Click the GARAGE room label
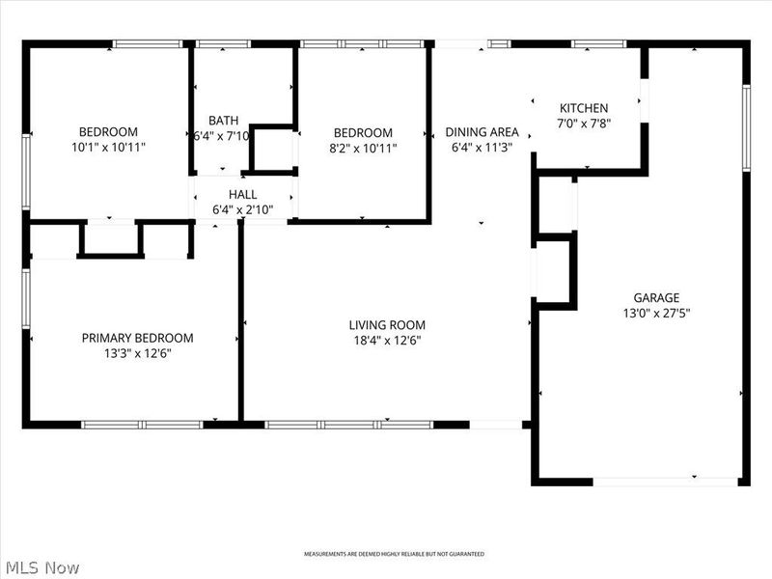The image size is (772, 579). click(656, 298)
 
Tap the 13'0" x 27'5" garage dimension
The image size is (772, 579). click(656, 313)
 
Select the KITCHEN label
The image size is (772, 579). click(584, 108)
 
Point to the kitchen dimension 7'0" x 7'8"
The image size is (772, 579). click(584, 123)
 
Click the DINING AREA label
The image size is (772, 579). click(482, 132)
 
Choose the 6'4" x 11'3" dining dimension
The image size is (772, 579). click(482, 148)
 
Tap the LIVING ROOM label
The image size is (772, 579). click(387, 325)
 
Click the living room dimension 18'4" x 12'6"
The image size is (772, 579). click(387, 340)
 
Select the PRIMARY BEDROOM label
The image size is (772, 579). click(137, 338)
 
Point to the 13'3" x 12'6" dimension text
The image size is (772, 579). click(137, 353)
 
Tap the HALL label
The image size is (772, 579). click(242, 194)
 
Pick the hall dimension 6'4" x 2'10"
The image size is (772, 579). click(242, 208)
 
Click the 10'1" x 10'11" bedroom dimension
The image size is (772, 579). click(108, 148)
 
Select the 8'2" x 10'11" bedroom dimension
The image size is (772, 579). click(363, 148)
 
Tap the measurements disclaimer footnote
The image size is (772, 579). click(394, 554)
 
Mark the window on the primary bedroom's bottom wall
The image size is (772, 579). click(142, 425)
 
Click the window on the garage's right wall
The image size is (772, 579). click(746, 128)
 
